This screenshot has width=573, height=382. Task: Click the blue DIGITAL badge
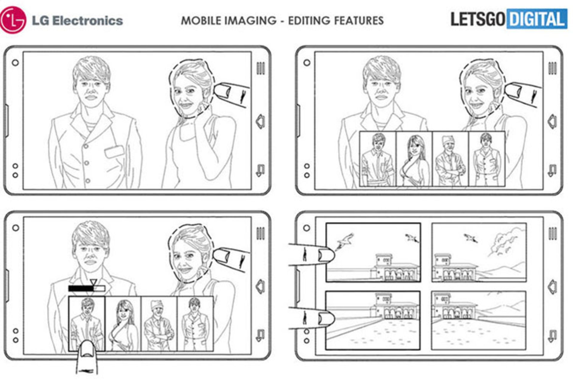[x=537, y=19]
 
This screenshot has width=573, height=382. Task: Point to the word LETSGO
[x=478, y=19]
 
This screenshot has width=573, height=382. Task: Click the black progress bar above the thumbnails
[x=87, y=288]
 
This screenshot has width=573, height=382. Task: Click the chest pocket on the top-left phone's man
[x=114, y=152]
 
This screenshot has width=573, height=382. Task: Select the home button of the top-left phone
[x=261, y=121]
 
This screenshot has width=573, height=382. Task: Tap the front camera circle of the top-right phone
[x=307, y=63]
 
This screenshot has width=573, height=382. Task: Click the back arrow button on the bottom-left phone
[x=260, y=335]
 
